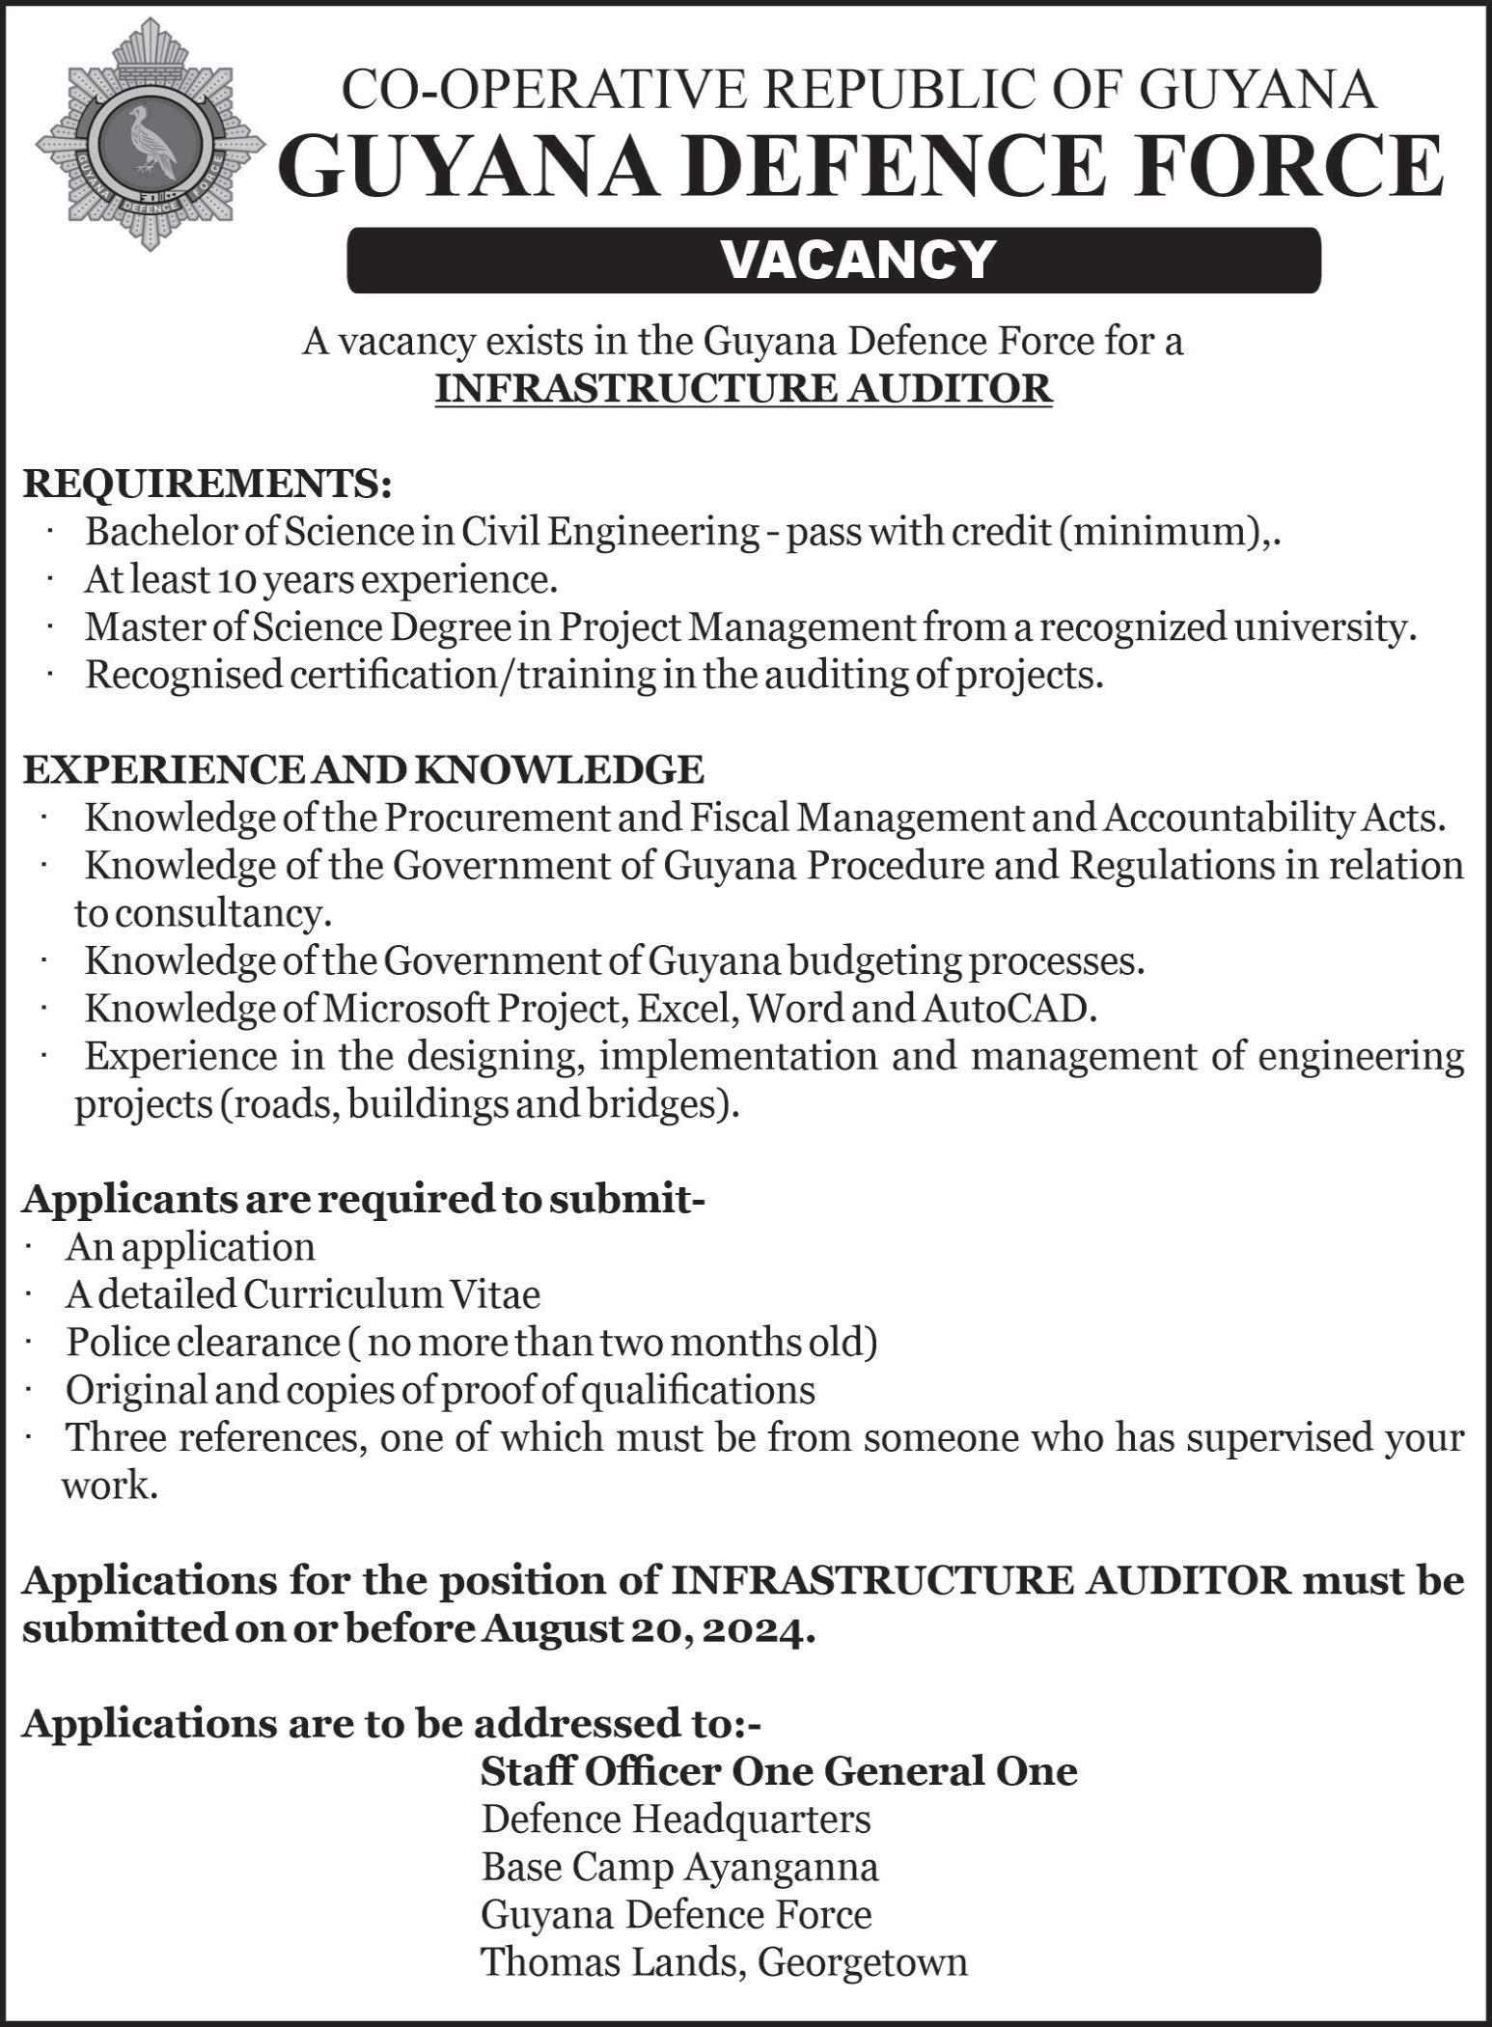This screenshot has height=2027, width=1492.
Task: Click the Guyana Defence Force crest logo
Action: click(151, 136)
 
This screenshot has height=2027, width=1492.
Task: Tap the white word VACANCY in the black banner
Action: click(858, 259)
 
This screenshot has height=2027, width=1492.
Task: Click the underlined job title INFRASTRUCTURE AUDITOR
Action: click(743, 388)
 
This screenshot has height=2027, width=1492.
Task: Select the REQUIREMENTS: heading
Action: click(207, 484)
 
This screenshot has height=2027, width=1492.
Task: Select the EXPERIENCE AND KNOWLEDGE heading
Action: click(363, 770)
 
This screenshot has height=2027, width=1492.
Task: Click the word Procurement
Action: click(498, 818)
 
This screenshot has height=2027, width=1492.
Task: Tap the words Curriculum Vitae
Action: click(392, 1294)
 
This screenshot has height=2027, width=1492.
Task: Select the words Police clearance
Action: click(203, 1343)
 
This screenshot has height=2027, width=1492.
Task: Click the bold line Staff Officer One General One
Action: click(779, 1771)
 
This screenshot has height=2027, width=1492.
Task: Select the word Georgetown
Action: click(862, 1961)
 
